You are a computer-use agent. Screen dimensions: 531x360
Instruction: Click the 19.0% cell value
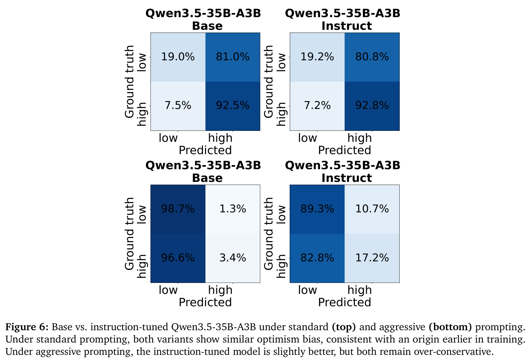(178, 57)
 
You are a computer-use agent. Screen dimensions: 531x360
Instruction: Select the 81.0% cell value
(232, 57)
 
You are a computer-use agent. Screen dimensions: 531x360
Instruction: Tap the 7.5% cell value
(178, 105)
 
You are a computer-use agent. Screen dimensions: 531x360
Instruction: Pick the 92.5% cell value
(232, 105)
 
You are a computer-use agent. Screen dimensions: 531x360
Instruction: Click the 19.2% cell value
(317, 57)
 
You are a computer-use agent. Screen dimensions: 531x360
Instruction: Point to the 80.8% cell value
(372, 57)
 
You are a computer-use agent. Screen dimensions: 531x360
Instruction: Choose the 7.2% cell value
(317, 105)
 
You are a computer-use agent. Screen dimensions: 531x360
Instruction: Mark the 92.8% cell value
(372, 105)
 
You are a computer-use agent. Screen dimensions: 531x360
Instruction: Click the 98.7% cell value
(178, 209)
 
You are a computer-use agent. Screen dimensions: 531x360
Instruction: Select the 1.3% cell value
(232, 209)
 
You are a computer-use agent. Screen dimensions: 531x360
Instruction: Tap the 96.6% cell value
(178, 258)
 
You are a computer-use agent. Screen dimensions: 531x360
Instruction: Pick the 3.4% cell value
(232, 258)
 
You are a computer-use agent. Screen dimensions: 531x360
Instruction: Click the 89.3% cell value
(317, 209)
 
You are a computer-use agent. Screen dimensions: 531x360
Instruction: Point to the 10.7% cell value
(372, 209)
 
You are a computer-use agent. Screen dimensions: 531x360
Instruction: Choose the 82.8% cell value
(317, 258)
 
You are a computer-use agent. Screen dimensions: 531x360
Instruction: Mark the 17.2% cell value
(372, 258)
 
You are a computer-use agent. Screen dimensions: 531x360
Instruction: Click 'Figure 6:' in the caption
(27, 327)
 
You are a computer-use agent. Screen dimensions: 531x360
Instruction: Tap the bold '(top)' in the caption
(344, 327)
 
